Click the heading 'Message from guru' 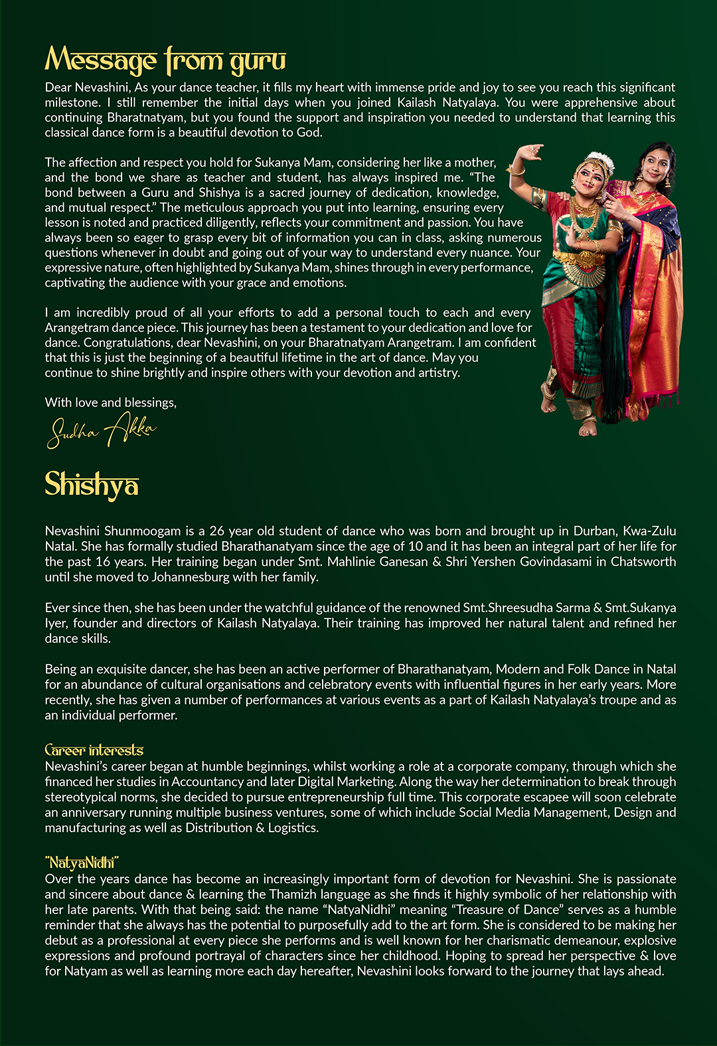click(165, 60)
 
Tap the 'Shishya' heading click(92, 484)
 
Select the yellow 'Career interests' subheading click(94, 750)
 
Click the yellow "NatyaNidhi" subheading click(82, 863)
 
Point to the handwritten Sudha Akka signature click(102, 430)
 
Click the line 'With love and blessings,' click(111, 402)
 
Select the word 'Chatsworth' click(643, 562)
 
